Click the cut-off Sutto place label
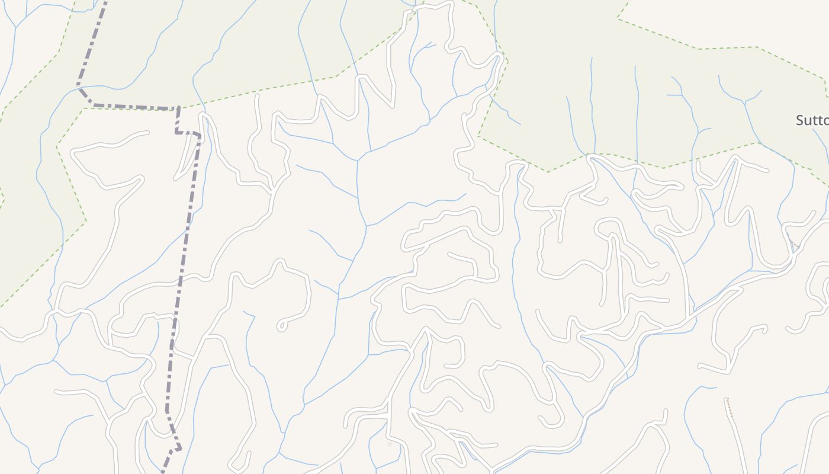coord(812,120)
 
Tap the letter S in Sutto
coord(800,120)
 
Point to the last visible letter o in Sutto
coord(825,121)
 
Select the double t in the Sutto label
coord(817,120)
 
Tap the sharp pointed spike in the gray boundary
coord(178,448)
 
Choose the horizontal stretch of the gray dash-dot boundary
coord(136,108)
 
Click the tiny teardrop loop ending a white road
coord(281,325)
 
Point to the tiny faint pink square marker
coord(390,443)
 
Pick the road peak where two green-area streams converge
coord(592,156)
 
